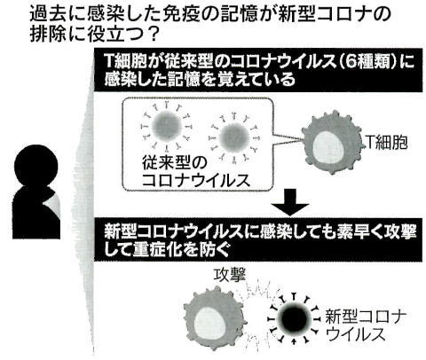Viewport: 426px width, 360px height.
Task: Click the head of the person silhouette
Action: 36,165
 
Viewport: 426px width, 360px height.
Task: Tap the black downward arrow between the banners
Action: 291,202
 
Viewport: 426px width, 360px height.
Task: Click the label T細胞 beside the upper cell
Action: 387,143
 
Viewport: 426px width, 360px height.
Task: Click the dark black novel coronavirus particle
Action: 294,318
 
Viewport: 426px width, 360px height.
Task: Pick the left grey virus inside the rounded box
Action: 166,126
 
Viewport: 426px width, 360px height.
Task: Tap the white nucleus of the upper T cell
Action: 328,148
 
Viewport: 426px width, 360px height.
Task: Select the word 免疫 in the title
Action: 179,14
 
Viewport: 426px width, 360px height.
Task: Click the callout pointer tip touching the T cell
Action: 303,139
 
